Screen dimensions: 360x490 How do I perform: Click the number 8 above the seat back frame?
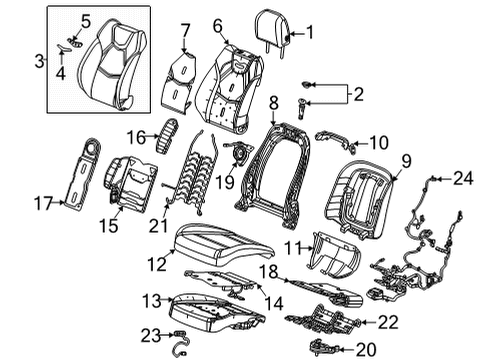click(x=272, y=102)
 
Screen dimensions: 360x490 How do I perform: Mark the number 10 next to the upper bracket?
click(x=364, y=142)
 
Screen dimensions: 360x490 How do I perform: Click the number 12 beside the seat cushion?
click(x=153, y=263)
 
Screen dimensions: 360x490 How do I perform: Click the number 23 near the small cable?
click(x=151, y=336)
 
